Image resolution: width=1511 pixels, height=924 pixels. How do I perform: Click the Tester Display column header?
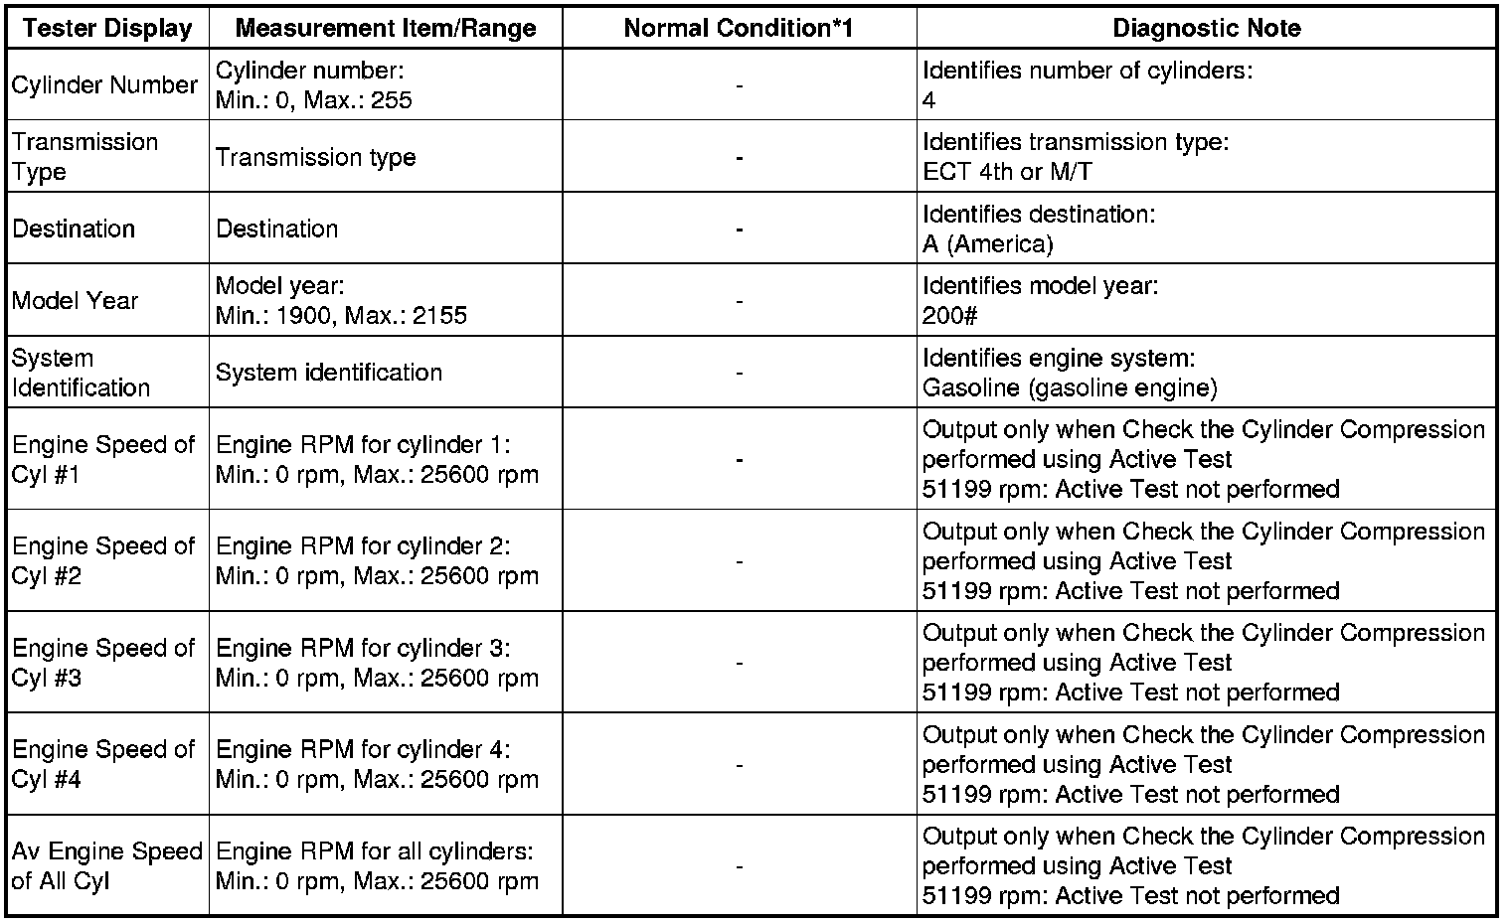tap(107, 28)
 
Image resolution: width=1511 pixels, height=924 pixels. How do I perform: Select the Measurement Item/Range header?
tap(386, 28)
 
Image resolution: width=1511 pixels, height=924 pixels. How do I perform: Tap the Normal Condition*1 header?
tap(739, 28)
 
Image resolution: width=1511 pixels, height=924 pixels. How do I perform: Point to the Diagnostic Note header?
tap(1207, 28)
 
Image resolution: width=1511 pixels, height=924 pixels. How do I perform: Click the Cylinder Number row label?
tap(104, 85)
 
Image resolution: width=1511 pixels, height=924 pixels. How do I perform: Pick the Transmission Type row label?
tap(85, 157)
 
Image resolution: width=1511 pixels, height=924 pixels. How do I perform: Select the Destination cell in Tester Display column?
tap(74, 229)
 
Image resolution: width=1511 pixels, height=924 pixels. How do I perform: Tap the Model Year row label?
tap(76, 300)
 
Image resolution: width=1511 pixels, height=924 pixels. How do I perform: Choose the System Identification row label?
tap(82, 373)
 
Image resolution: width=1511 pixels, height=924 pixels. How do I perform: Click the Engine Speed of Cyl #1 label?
tap(103, 459)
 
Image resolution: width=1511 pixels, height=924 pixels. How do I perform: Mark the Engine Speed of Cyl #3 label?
tap(103, 663)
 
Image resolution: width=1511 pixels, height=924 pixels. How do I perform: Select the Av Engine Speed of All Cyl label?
tap(106, 865)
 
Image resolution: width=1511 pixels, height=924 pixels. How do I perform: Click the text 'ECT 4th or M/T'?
tap(1007, 172)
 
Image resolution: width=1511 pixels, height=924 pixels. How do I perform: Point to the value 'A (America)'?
tap(987, 243)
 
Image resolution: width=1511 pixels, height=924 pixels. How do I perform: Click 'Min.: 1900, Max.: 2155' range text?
tap(341, 316)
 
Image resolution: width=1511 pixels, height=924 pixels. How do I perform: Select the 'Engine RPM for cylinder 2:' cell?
tap(363, 546)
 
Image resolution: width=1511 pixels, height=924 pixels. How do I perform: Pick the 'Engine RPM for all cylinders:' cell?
tap(375, 851)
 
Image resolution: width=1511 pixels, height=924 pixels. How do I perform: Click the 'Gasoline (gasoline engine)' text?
tap(1070, 387)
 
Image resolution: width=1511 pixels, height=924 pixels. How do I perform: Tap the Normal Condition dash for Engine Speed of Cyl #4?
tap(739, 765)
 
